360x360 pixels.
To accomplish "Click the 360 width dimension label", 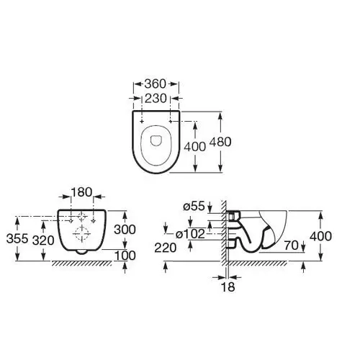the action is tap(156, 84).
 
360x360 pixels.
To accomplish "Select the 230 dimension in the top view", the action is tap(156, 98).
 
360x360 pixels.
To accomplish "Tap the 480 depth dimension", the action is tap(220, 142).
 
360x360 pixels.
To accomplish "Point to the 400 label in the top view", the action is tap(195, 147).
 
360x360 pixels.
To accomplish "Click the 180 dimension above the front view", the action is tap(82, 192).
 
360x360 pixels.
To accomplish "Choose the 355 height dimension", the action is tap(17, 239).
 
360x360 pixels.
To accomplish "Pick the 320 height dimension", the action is tap(43, 240).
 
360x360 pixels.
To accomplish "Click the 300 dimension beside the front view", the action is tap(125, 230).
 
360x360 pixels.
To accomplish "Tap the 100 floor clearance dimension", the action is tap(125, 256).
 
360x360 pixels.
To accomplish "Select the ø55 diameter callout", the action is tap(194, 206).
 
